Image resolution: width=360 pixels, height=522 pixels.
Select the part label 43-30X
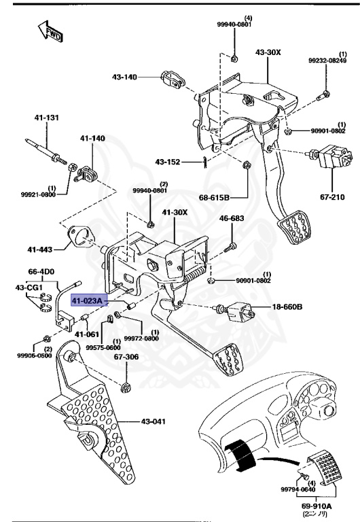[268, 52]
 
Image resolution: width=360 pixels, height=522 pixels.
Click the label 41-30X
[175, 213]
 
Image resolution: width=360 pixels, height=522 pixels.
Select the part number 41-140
[92, 139]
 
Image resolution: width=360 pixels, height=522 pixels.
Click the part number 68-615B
[215, 198]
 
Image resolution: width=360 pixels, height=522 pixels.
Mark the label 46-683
[231, 219]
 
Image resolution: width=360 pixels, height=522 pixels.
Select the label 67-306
[126, 356]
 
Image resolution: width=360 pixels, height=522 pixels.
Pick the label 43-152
[168, 162]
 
